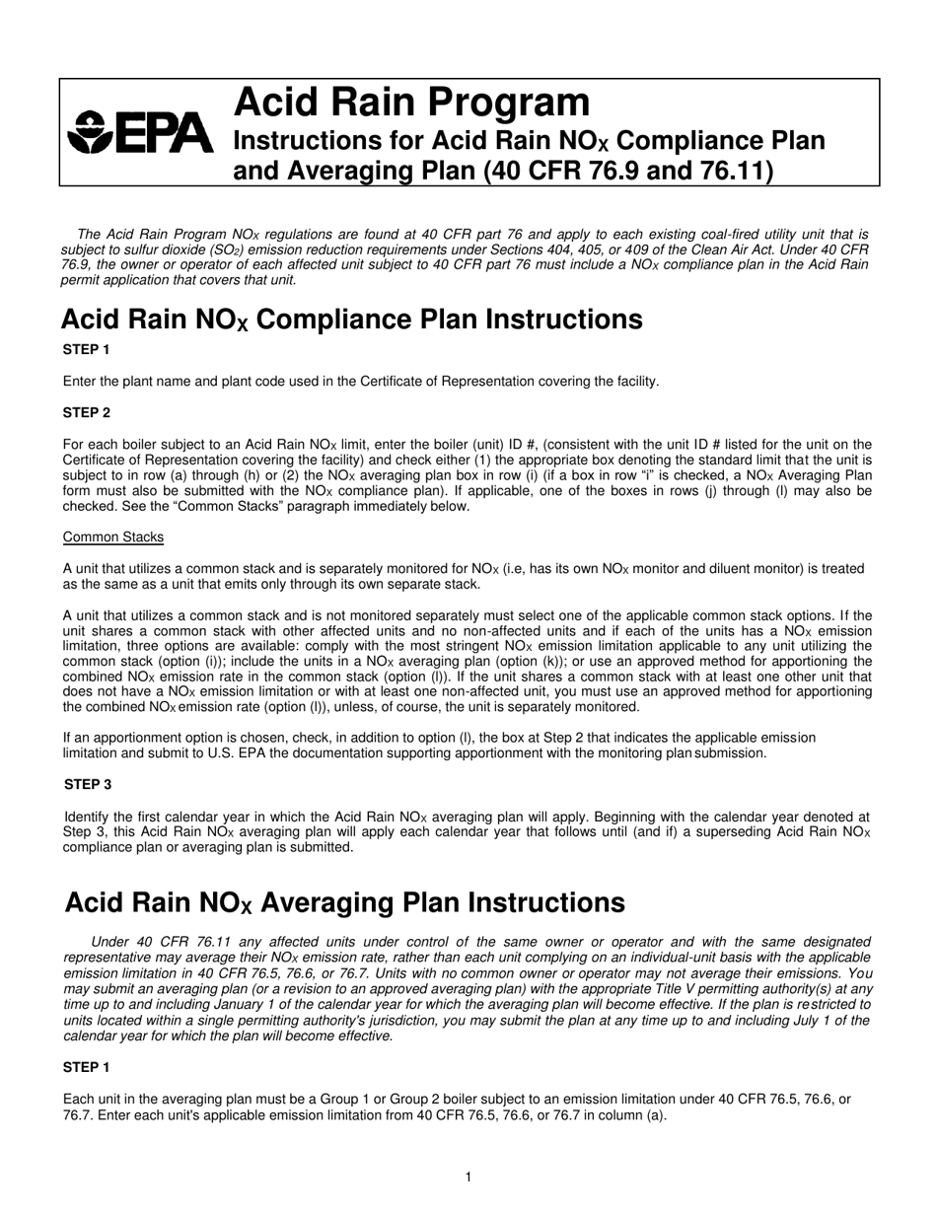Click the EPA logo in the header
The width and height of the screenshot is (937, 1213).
coord(139,132)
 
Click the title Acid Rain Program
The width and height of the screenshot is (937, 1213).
coord(410,102)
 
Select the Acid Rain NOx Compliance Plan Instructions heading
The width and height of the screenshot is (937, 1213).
coord(351,320)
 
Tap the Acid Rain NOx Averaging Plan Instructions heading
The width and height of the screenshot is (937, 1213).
coord(344,902)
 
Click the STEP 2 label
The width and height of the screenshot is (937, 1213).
coord(87,412)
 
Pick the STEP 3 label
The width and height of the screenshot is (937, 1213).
coord(88,784)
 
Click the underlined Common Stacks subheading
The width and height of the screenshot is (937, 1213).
coord(113,536)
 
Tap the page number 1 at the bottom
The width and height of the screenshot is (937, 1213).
coord(468,1177)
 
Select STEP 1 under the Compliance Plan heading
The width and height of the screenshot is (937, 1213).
coord(87,349)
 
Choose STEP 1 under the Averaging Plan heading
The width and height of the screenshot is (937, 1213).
coord(87,1067)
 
